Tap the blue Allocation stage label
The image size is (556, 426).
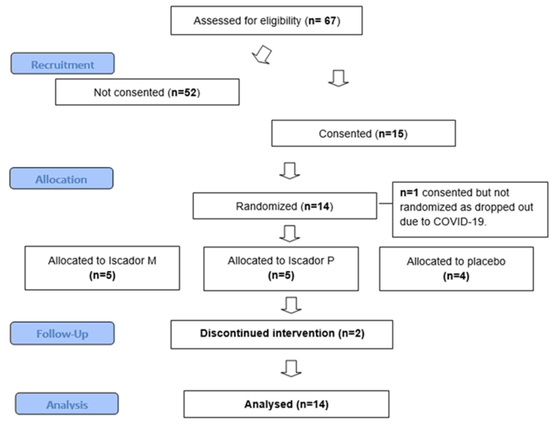[61, 179]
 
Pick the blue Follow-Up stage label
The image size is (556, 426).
[62, 333]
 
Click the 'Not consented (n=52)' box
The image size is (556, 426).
[147, 92]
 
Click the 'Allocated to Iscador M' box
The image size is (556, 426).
[102, 268]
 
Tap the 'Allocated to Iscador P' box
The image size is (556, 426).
[281, 269]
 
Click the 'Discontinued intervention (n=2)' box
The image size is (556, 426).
[282, 334]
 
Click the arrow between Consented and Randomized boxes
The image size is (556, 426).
[290, 171]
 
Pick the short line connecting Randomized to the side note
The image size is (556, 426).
[385, 203]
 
